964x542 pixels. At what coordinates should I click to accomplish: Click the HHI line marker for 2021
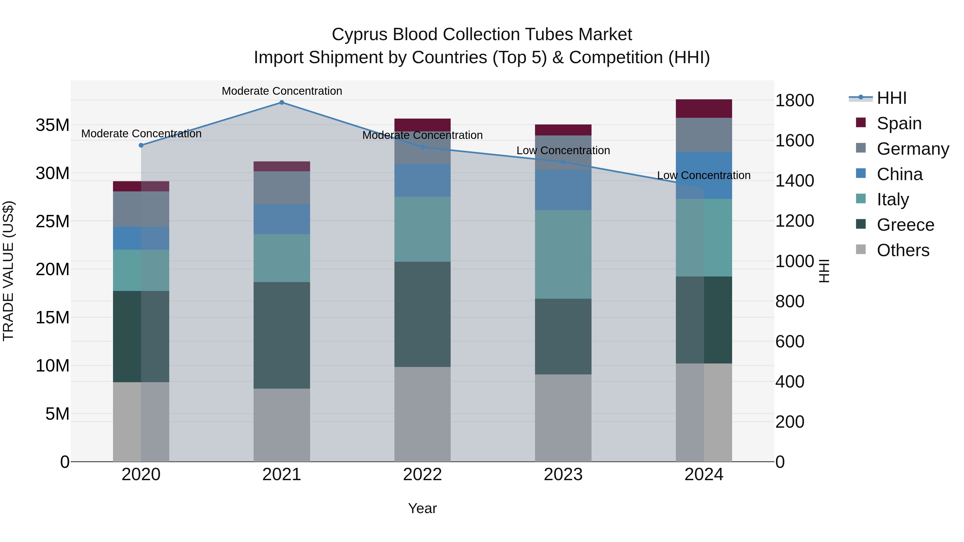click(282, 103)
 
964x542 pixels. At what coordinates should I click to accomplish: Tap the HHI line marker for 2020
click(141, 145)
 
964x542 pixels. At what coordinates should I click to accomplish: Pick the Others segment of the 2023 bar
click(563, 418)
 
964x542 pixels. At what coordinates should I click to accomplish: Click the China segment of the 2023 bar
click(563, 190)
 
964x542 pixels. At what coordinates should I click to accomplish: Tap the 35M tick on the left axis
click(52, 125)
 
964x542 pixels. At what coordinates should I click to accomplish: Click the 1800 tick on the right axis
click(794, 100)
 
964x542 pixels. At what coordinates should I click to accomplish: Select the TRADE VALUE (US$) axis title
click(8, 271)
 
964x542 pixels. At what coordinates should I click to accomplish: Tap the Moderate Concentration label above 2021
click(282, 91)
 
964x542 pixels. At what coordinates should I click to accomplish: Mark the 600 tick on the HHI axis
click(790, 342)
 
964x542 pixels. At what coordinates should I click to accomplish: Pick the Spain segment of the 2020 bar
click(141, 186)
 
